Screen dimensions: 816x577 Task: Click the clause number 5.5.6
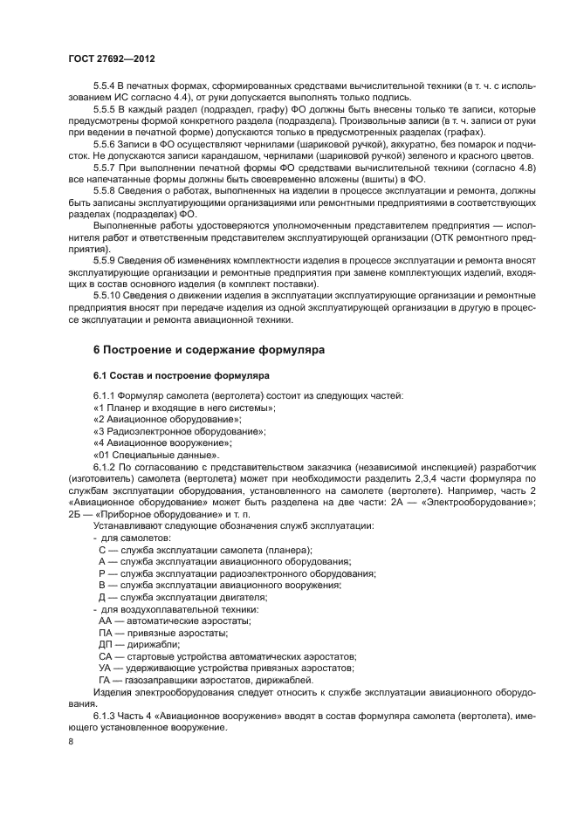106,142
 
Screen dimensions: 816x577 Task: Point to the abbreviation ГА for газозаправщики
106,680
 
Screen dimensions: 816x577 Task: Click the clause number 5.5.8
106,188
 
